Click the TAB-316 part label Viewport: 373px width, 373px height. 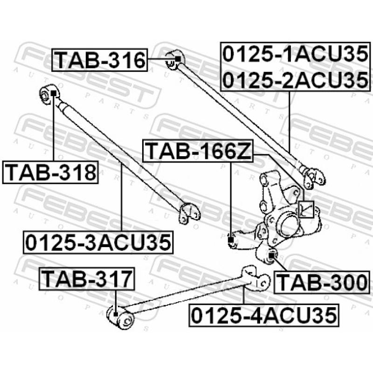point(99,60)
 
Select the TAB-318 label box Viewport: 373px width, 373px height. point(50,173)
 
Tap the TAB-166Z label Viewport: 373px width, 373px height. point(198,151)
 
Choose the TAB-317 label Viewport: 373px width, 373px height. point(88,278)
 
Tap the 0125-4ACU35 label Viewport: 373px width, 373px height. point(263,315)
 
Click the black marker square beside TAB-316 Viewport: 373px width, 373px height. point(177,59)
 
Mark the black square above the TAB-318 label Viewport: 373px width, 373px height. point(53,93)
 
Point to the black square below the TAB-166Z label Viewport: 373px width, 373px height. point(231,241)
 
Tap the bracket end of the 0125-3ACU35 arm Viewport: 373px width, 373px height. point(190,213)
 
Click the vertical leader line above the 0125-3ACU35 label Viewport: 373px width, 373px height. point(122,196)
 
